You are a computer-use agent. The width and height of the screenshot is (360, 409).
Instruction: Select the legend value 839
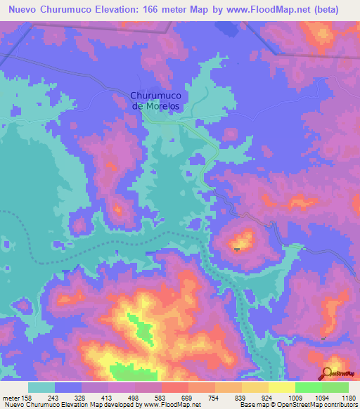243,397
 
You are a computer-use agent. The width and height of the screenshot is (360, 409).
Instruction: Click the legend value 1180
349,397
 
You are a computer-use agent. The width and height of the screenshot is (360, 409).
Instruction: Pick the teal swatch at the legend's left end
41,387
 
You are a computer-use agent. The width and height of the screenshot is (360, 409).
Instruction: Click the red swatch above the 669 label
175,387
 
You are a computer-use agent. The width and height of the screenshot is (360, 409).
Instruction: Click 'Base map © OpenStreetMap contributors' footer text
298,405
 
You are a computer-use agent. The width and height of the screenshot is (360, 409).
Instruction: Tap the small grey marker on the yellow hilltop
237,248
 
